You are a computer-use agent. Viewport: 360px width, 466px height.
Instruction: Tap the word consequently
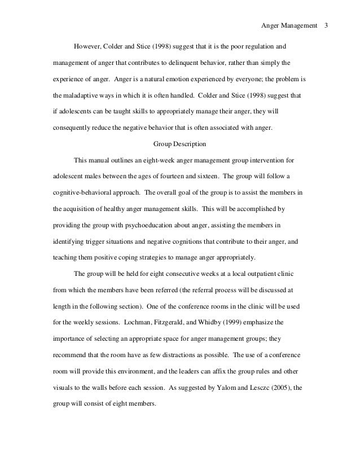click(x=68, y=128)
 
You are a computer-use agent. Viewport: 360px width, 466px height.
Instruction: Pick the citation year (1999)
click(x=229, y=324)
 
